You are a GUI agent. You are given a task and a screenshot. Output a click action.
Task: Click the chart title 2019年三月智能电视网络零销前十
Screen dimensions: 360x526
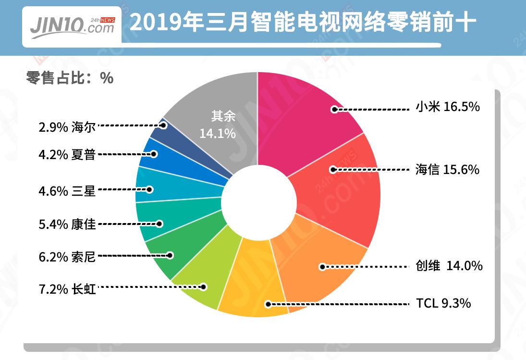click(x=303, y=23)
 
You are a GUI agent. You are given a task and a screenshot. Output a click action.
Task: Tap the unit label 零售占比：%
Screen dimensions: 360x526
click(x=70, y=78)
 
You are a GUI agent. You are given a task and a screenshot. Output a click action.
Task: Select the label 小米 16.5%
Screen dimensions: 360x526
click(x=447, y=107)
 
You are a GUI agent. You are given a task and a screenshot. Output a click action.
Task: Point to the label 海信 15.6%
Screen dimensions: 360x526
click(x=447, y=169)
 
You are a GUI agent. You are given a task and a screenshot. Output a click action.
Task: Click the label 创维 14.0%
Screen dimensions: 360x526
click(x=449, y=265)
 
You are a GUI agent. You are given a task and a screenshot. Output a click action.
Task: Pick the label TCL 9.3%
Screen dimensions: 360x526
click(x=443, y=304)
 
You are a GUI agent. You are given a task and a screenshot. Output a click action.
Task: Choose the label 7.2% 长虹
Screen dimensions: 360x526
click(x=67, y=289)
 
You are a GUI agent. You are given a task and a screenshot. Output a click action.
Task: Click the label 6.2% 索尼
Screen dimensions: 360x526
click(x=67, y=257)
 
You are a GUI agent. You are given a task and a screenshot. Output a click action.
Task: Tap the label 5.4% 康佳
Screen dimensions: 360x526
click(x=67, y=224)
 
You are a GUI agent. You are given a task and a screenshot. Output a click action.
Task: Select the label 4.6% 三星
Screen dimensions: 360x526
click(x=67, y=191)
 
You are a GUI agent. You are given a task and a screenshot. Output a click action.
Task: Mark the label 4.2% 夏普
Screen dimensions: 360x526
click(x=67, y=155)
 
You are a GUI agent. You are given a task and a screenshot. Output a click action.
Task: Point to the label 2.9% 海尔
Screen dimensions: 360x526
click(x=67, y=127)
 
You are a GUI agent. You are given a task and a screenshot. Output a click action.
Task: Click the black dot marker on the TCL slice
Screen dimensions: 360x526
click(x=268, y=304)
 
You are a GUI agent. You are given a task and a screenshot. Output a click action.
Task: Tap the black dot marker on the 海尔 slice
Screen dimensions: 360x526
click(x=163, y=125)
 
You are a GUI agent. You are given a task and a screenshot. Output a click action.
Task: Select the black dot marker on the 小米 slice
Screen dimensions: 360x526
click(x=334, y=110)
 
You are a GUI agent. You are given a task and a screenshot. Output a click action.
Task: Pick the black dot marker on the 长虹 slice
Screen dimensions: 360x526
click(x=204, y=287)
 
